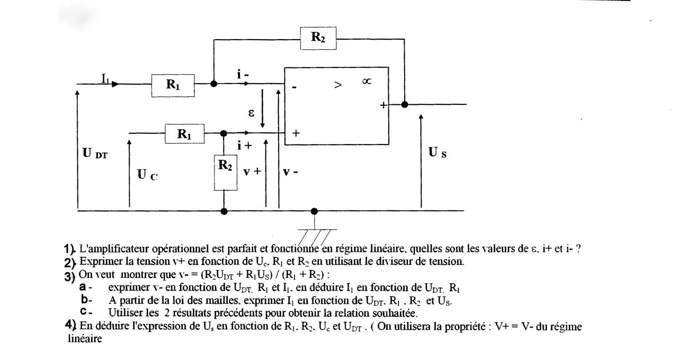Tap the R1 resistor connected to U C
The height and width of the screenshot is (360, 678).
pos(184,134)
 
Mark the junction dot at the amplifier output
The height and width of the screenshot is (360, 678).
pos(405,104)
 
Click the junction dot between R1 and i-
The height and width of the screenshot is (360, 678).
pos(214,84)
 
